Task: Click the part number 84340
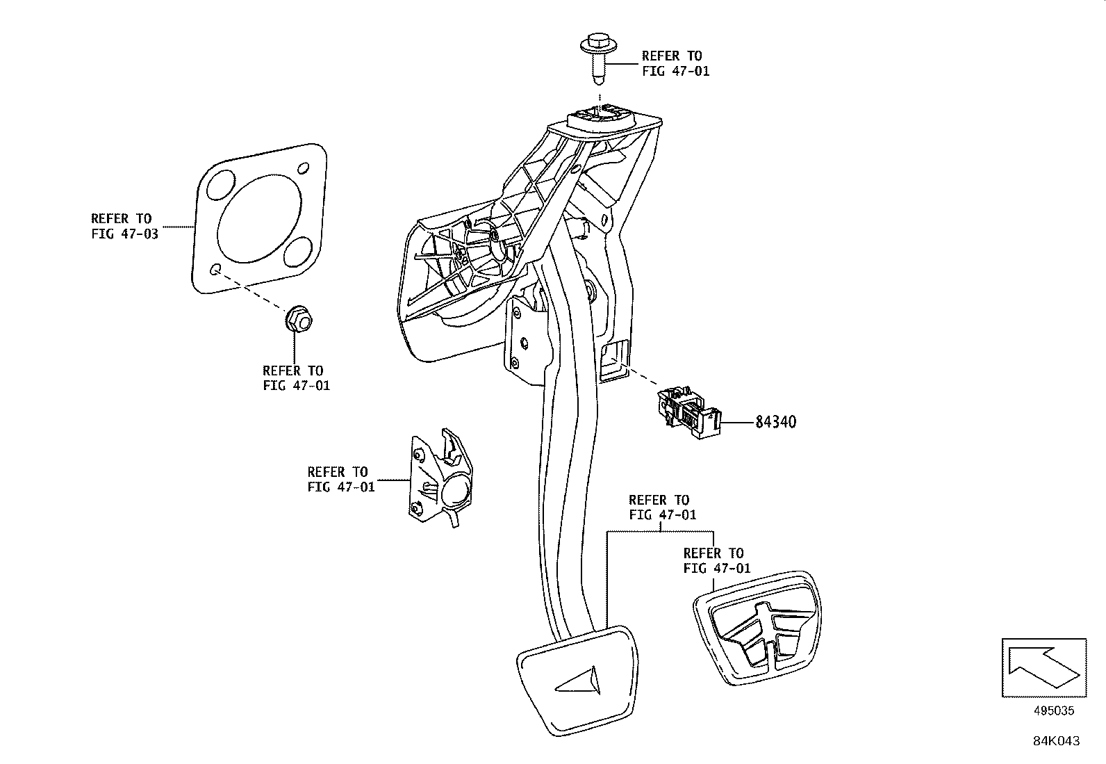(x=776, y=422)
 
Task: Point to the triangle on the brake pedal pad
(x=578, y=681)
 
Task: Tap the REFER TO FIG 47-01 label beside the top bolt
(x=675, y=63)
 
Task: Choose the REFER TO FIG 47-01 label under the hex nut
(x=297, y=378)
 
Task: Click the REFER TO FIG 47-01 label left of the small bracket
(x=341, y=480)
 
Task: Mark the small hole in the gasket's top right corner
(x=304, y=168)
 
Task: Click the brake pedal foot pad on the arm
(x=577, y=678)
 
